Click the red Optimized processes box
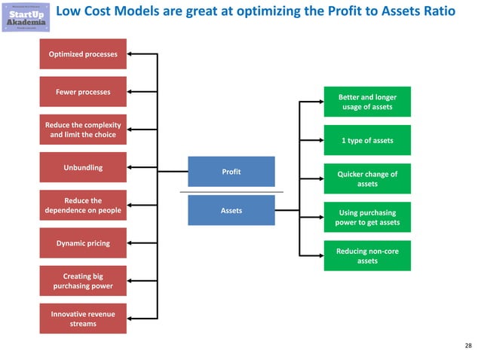[83, 54]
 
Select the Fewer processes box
[83, 92]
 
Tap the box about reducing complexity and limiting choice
[83, 130]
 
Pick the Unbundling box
[83, 166]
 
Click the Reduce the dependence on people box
[83, 206]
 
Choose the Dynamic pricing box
[83, 243]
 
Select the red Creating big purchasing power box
[83, 281]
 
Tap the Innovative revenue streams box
[83, 319]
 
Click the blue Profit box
[231, 172]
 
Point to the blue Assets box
[231, 211]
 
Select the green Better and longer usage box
[367, 102]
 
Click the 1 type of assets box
[367, 141]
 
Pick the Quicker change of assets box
[367, 178]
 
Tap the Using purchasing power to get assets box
[367, 218]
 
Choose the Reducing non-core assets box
[367, 256]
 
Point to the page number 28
[468, 346]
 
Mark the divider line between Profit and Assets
[231, 191]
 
